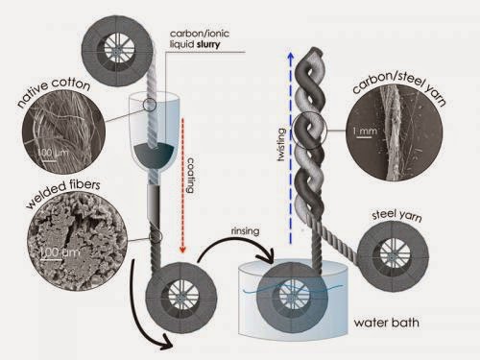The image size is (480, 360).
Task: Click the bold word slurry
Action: tap(208, 44)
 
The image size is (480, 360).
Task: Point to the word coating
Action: tap(190, 175)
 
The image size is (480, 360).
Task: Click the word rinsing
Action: tap(245, 231)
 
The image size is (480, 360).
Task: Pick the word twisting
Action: tap(281, 144)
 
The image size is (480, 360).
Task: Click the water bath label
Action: tap(386, 323)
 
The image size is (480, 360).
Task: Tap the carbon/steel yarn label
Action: tap(399, 85)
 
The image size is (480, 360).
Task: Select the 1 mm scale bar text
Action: tap(365, 131)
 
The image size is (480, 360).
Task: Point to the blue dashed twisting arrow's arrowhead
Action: tap(290, 56)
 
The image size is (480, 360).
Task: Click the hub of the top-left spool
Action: tap(116, 50)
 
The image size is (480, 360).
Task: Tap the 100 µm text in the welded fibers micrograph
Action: tap(60, 252)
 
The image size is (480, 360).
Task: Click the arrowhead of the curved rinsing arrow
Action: tap(268, 257)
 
